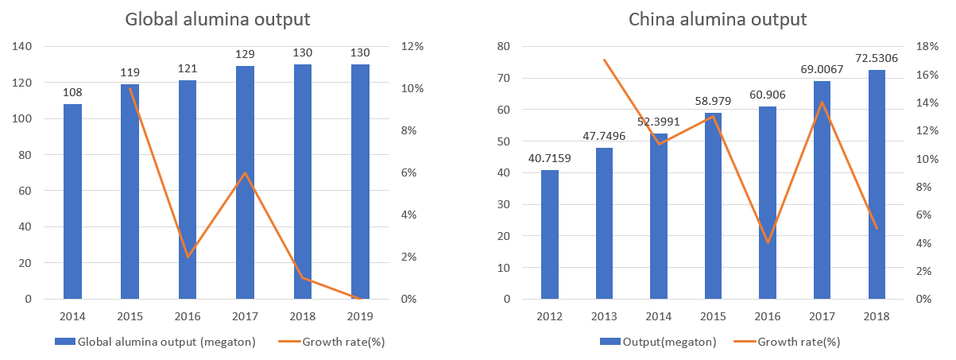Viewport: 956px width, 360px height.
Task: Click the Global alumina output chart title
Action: [218, 20]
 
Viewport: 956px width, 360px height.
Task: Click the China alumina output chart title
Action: [718, 20]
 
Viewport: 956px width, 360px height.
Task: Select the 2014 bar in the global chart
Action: [72, 202]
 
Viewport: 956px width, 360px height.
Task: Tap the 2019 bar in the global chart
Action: [360, 181]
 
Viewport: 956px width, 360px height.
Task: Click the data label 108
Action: [72, 92]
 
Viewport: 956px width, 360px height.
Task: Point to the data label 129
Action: [245, 54]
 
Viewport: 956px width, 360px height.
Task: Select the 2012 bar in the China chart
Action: [550, 234]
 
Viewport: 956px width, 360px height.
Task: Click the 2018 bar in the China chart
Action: [877, 184]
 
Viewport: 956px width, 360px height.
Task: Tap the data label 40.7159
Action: [550, 158]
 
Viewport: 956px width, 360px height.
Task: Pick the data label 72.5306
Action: [877, 58]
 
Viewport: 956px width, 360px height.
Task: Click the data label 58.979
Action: [713, 101]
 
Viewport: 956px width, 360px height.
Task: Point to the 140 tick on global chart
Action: [21, 46]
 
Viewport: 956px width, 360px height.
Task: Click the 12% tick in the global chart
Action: [412, 46]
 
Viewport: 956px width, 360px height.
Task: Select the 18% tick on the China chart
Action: [927, 46]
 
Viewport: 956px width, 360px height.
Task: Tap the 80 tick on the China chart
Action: [504, 46]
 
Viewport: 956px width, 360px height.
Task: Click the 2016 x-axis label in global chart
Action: [188, 316]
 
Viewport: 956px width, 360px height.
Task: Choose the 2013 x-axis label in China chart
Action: [604, 316]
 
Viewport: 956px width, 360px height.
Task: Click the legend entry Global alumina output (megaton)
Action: [155, 342]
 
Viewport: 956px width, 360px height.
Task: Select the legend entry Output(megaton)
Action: [658, 342]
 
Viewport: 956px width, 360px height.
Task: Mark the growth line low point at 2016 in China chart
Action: [768, 242]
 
